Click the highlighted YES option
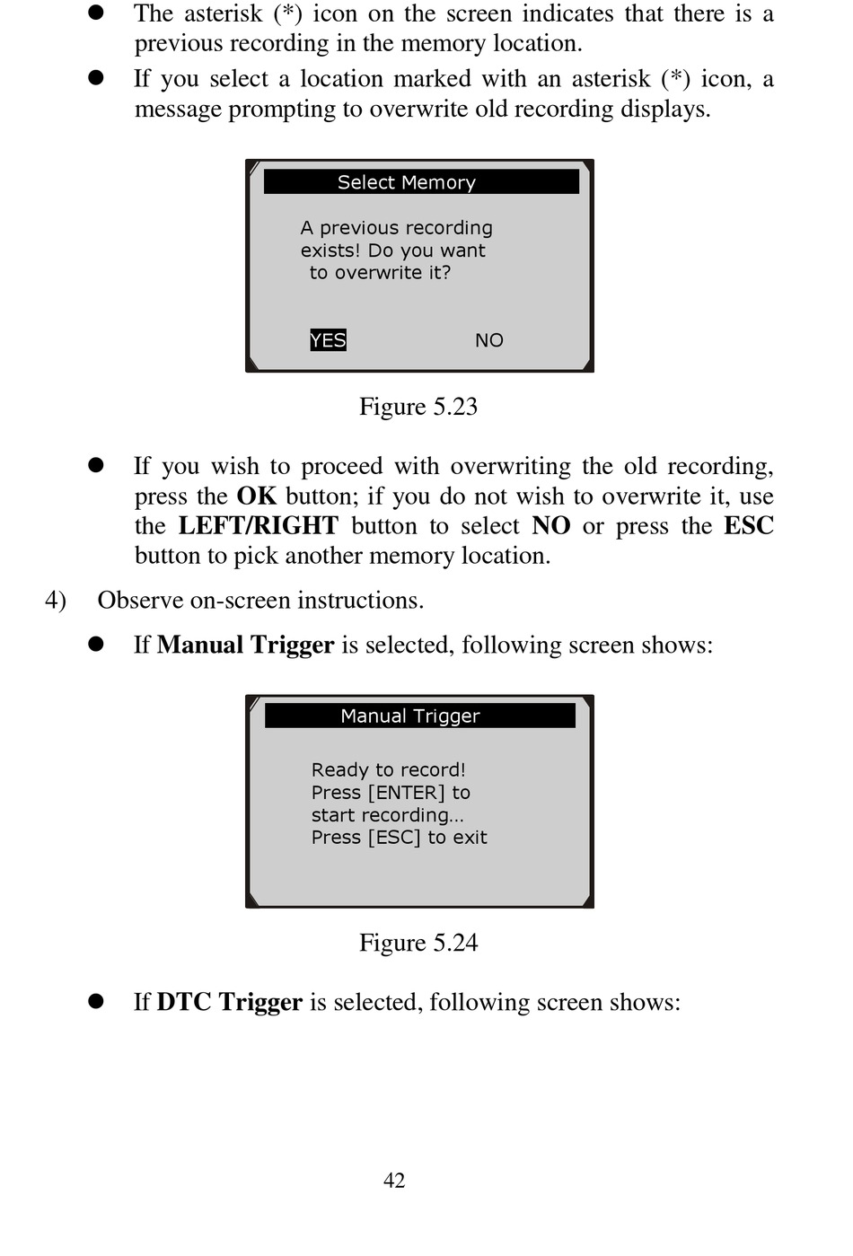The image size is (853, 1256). [x=328, y=340]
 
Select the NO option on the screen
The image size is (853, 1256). [x=488, y=340]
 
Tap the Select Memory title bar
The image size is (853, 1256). [x=420, y=182]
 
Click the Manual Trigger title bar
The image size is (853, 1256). [x=419, y=716]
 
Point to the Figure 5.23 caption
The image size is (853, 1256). [x=418, y=407]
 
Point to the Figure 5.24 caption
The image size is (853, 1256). [x=418, y=943]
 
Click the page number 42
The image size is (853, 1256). [x=394, y=1181]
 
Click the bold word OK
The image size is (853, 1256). [x=256, y=496]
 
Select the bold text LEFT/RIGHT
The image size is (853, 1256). [x=258, y=526]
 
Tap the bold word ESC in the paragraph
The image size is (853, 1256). [x=748, y=526]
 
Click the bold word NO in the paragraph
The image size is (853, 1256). [x=550, y=526]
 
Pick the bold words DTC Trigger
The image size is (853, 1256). [x=229, y=1002]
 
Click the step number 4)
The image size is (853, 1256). [x=56, y=600]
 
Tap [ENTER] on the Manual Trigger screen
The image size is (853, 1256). [x=406, y=793]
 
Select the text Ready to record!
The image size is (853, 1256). [x=388, y=770]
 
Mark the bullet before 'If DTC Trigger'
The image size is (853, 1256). [x=96, y=1002]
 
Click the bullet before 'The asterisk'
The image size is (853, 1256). [x=96, y=13]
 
